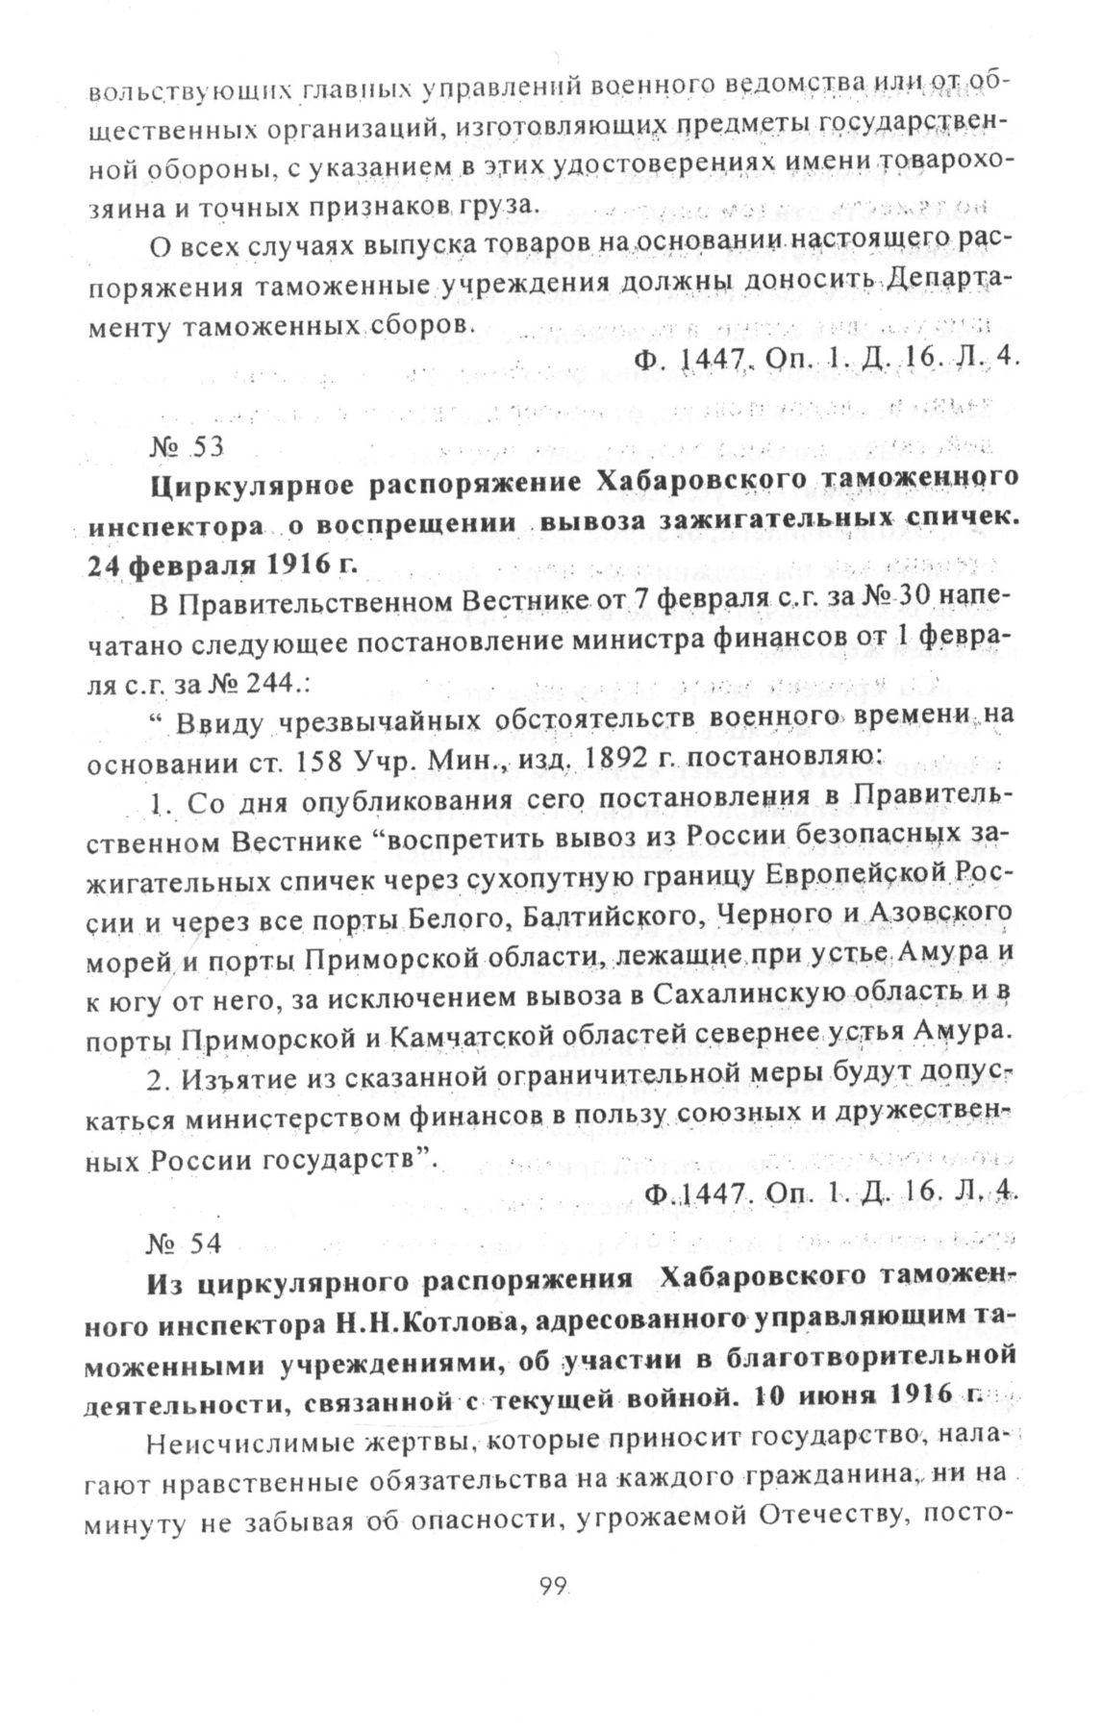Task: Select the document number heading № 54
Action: point(186,1242)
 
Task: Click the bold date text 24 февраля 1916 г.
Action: point(222,563)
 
